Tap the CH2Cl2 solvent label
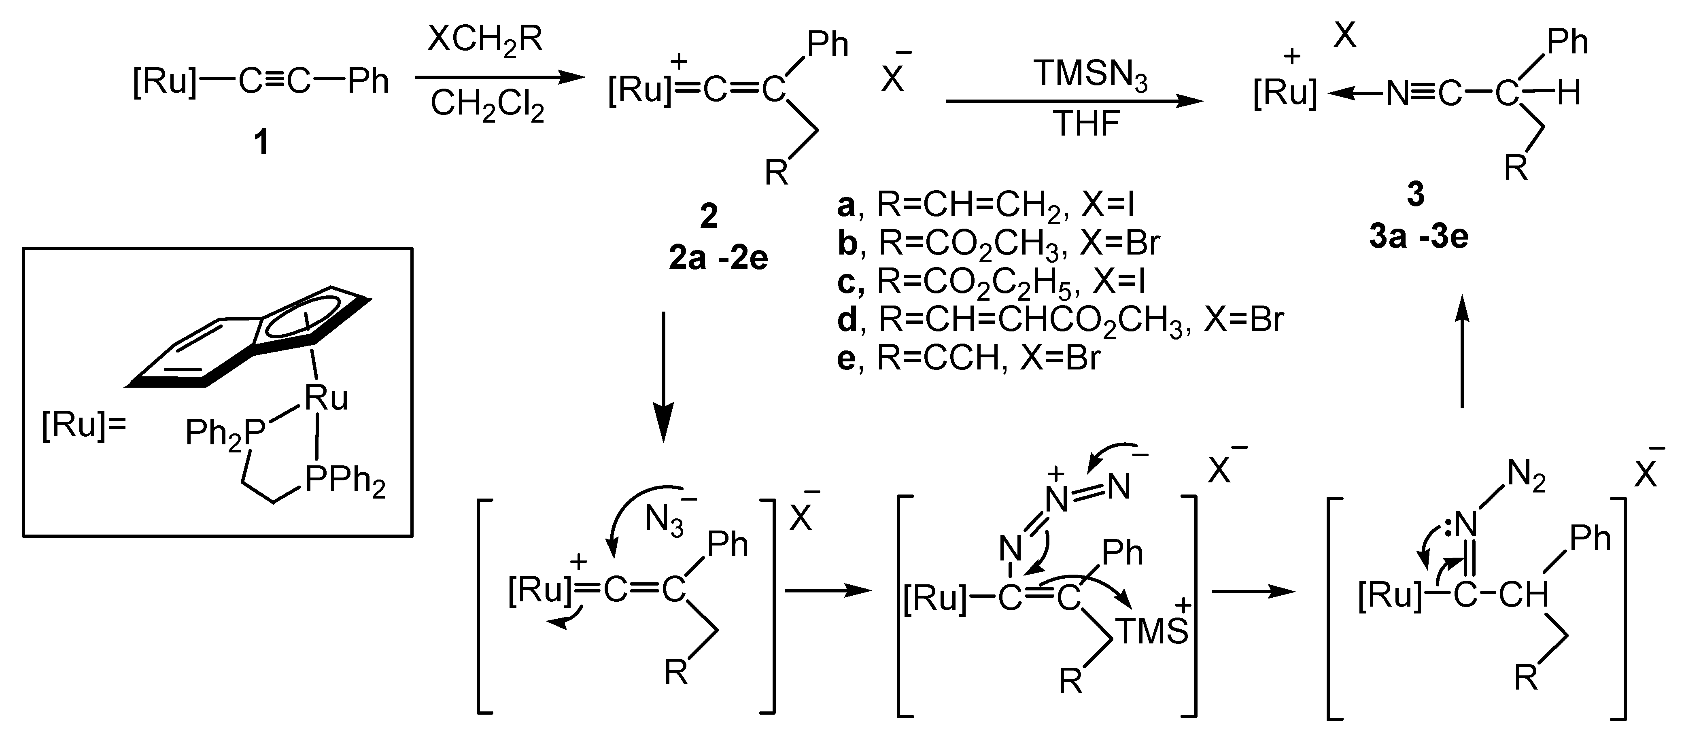click(x=487, y=104)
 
